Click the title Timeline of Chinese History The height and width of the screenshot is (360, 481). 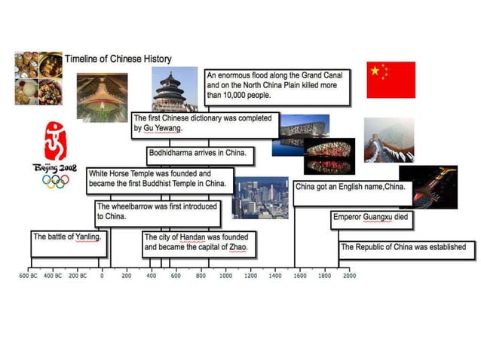point(118,59)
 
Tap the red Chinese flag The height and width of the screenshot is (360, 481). point(391,80)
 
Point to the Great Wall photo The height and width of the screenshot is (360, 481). point(388,139)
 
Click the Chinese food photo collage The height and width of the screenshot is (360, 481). point(38,78)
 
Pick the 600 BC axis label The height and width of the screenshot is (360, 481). point(29,276)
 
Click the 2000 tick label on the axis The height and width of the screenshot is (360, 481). point(350,276)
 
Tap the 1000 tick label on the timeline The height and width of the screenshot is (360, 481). point(225,276)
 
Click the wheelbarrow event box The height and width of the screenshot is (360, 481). point(157,211)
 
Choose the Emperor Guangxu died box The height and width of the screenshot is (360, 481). point(371,218)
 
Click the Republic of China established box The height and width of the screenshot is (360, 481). point(406,247)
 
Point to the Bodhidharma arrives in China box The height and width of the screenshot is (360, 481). point(199,153)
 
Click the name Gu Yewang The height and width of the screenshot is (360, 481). point(162,129)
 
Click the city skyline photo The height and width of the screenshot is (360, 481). point(260,197)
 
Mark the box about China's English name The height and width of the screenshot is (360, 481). point(351,187)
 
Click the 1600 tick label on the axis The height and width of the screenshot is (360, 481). point(300,276)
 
